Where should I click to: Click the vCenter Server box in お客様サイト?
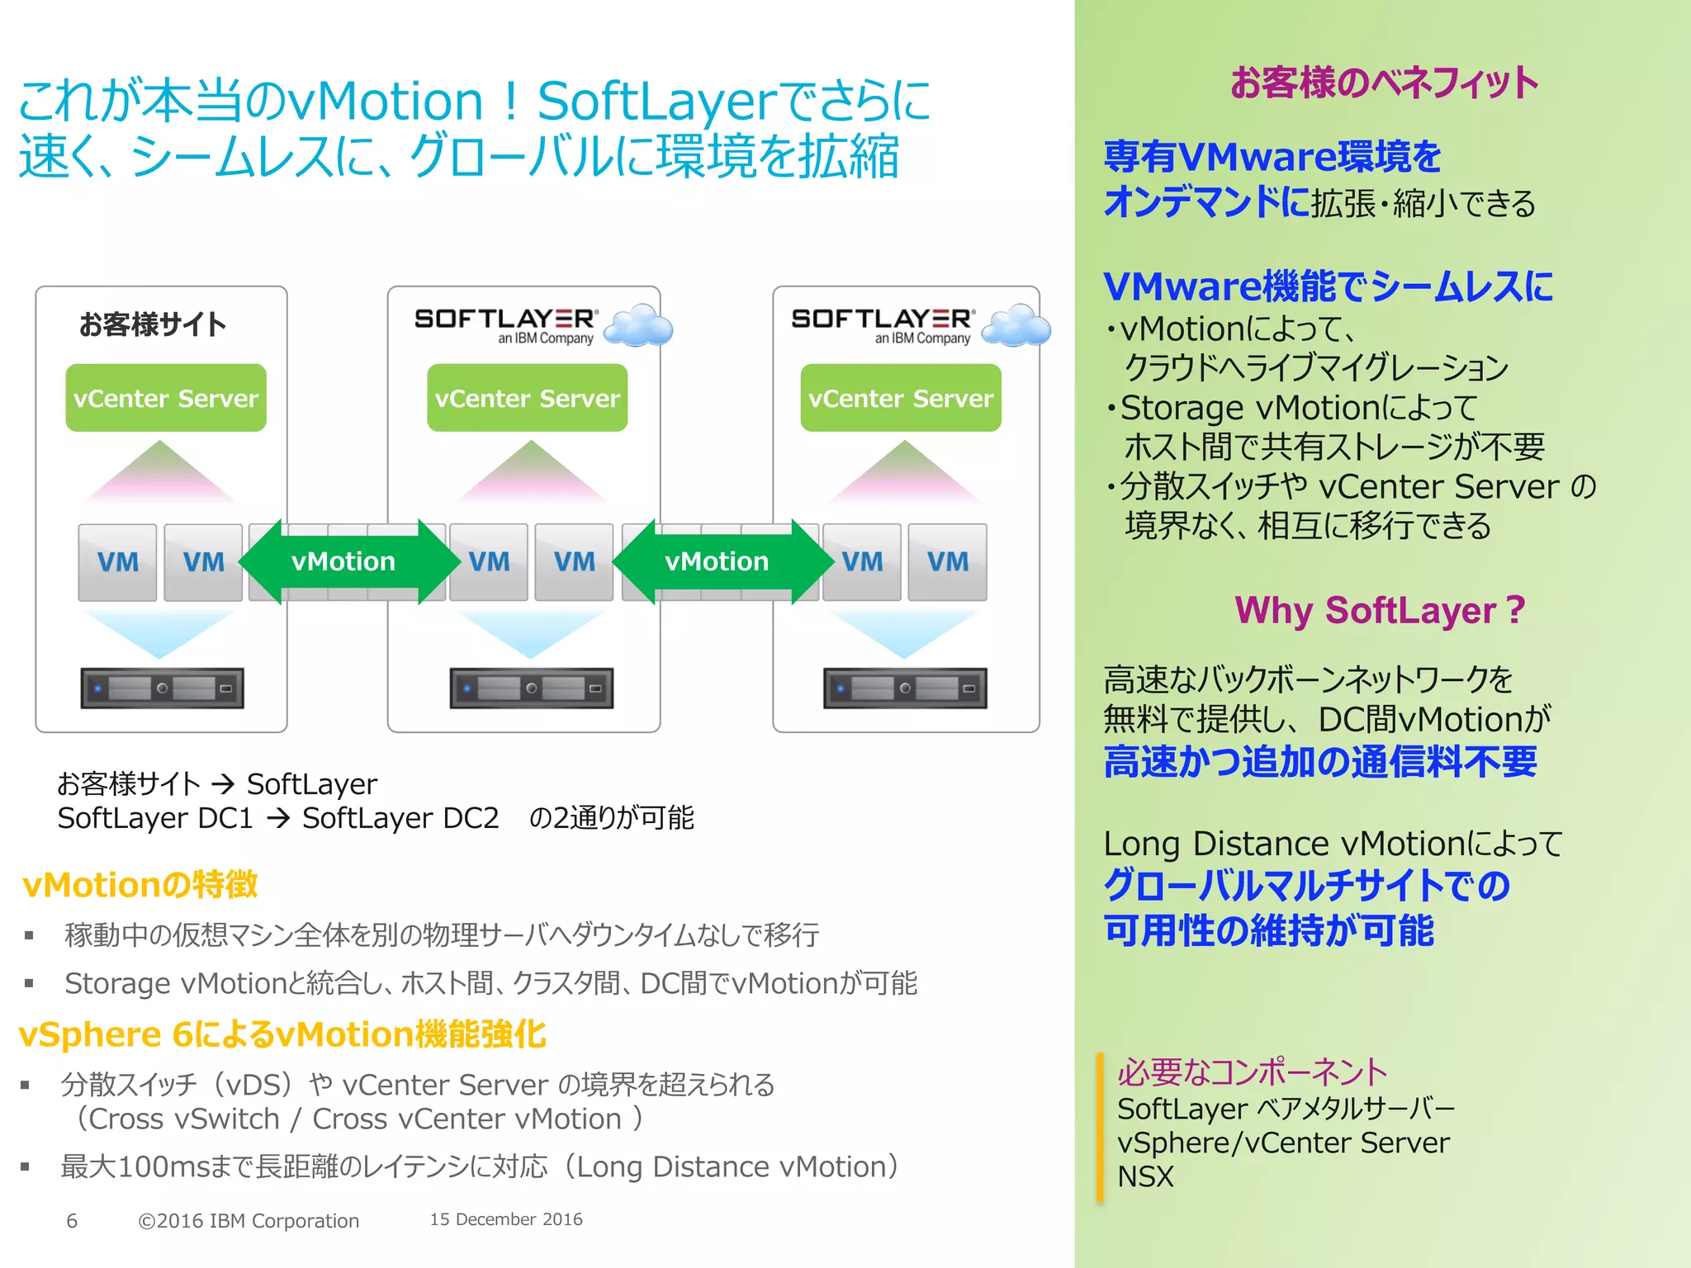(x=166, y=398)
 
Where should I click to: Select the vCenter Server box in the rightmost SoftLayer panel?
(x=901, y=398)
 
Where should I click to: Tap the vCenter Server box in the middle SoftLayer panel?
(x=527, y=398)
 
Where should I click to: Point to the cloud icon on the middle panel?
(x=638, y=325)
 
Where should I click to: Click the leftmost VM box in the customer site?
(x=117, y=562)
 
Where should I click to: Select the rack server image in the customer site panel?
(x=162, y=688)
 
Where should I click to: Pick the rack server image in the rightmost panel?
(x=905, y=688)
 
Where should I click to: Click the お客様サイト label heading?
(x=153, y=324)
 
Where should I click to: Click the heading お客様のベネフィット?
(x=1384, y=83)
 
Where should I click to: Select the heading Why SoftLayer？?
(x=1380, y=611)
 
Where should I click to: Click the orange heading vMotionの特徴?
(x=140, y=885)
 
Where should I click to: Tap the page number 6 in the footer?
(x=72, y=1221)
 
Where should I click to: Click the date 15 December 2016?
(x=506, y=1219)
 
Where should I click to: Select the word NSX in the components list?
(x=1145, y=1176)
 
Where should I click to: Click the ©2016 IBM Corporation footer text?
(x=249, y=1221)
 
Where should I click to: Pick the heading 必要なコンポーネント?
(x=1252, y=1072)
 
